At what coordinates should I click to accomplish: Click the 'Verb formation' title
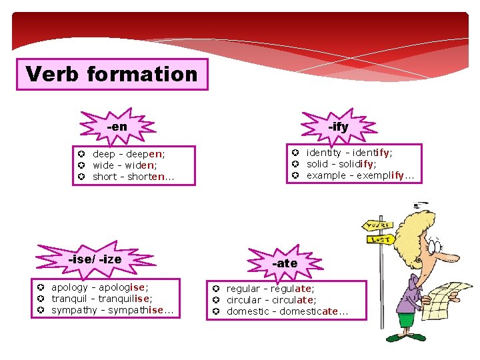(112, 74)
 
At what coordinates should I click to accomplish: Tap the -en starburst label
(117, 126)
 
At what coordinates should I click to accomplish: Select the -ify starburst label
(338, 126)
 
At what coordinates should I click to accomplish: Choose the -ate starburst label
(285, 263)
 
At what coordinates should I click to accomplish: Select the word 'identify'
(368, 153)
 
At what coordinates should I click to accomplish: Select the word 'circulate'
(291, 300)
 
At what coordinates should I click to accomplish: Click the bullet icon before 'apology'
(41, 287)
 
